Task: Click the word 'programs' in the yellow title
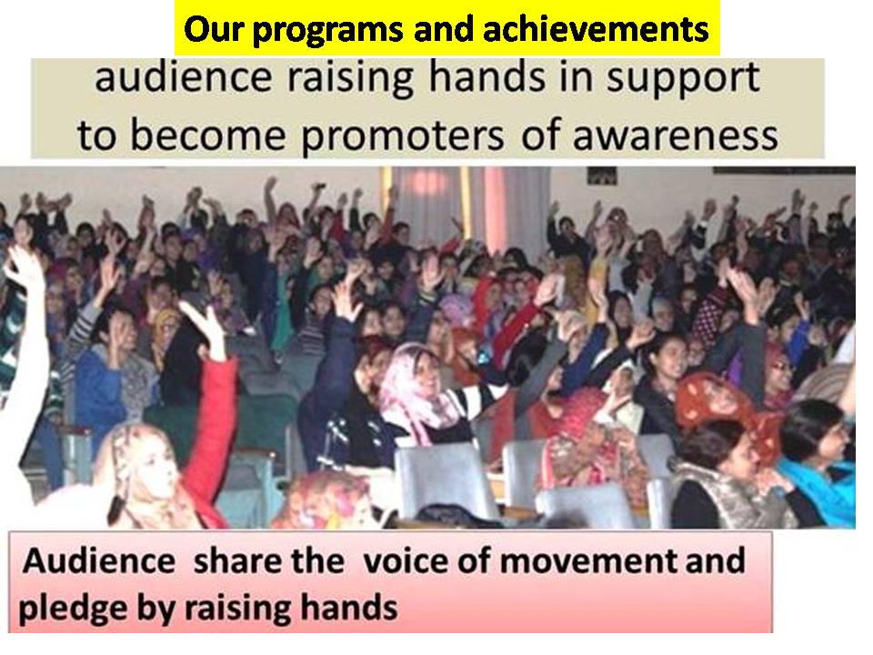[327, 29]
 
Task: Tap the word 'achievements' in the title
[596, 28]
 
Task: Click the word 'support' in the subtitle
[683, 79]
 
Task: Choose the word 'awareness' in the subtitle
[676, 136]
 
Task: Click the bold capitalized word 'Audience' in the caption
[99, 560]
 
